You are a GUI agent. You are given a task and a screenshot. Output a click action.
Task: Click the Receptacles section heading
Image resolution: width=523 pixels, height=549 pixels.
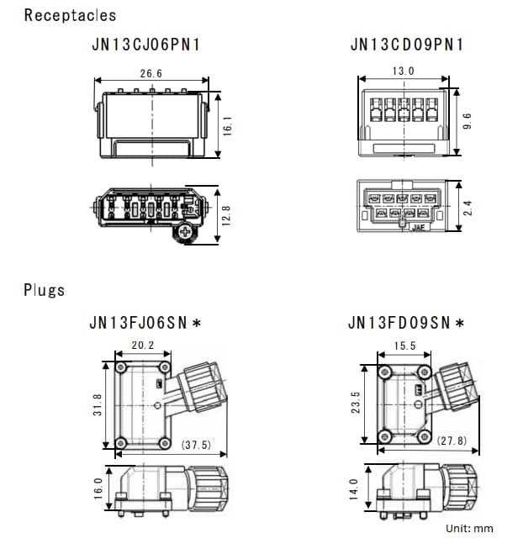click(x=71, y=15)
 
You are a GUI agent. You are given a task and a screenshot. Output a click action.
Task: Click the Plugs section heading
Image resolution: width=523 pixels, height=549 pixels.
click(x=45, y=290)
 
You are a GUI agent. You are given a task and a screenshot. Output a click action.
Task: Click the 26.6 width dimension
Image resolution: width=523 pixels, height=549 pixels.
click(x=151, y=74)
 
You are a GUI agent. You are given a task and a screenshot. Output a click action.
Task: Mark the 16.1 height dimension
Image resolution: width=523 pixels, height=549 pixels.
click(x=226, y=125)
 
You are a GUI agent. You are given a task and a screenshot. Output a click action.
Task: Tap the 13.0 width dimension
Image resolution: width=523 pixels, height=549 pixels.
click(x=404, y=71)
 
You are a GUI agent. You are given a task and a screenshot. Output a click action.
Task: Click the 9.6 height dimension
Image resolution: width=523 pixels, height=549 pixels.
click(x=468, y=121)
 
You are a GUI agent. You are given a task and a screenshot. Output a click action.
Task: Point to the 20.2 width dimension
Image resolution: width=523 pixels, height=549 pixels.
click(x=142, y=345)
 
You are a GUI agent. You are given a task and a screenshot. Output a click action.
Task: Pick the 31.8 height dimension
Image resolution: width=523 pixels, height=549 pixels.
click(x=98, y=405)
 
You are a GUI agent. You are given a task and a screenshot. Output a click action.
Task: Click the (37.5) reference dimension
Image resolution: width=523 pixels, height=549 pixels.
click(x=197, y=445)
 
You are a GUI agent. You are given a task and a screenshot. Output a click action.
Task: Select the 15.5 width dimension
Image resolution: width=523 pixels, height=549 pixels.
click(x=404, y=346)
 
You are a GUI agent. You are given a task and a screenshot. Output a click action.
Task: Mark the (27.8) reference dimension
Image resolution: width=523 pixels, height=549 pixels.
click(x=451, y=440)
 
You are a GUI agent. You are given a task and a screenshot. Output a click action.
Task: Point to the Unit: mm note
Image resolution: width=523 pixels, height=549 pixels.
click(x=469, y=528)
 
